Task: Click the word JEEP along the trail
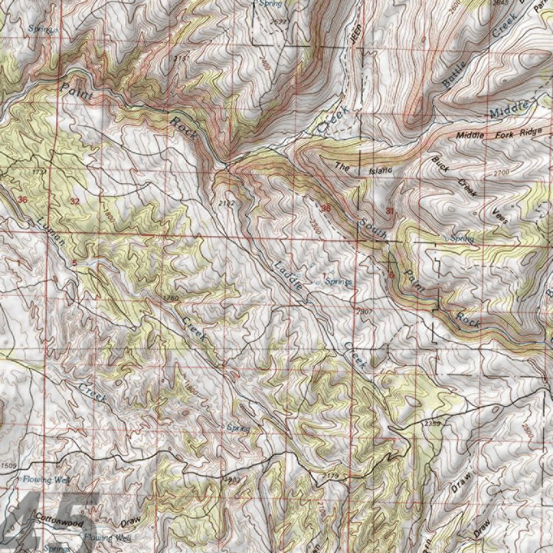[354, 35]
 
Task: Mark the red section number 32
[75, 201]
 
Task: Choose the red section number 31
[390, 210]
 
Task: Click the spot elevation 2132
[227, 203]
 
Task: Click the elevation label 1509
[9, 465]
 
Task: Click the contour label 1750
[170, 298]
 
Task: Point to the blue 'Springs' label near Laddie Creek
[341, 282]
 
